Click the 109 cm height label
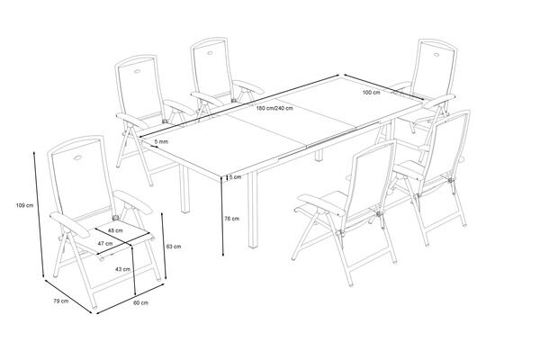pos(25,205)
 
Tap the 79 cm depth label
pos(61,301)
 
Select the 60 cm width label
pos(141,302)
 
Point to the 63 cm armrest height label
pos(173,247)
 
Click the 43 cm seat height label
pos(122,269)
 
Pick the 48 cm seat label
pos(115,230)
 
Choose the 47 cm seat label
pos(105,243)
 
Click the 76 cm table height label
pos(231,218)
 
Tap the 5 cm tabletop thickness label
pos(235,177)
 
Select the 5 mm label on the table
pos(161,141)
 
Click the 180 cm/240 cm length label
pos(274,108)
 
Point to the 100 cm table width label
pos(371,92)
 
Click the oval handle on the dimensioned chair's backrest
pos(78,158)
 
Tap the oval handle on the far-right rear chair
pos(437,54)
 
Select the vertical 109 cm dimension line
pos(39,214)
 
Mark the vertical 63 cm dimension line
pos(164,246)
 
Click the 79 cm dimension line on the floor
pos(68,295)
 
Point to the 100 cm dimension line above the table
pos(383,86)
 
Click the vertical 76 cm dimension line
pos(223,216)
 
